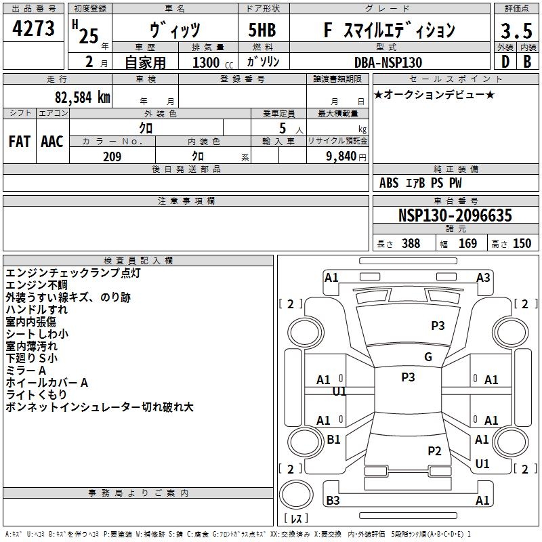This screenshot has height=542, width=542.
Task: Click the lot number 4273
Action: [x=33, y=28]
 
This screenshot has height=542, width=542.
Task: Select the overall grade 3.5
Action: [x=516, y=31]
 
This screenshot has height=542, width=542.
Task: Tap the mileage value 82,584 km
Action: [x=82, y=98]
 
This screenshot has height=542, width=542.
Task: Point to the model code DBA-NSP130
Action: [x=388, y=62]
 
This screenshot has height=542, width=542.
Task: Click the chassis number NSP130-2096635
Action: [x=455, y=215]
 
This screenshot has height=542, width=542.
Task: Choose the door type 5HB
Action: [x=262, y=30]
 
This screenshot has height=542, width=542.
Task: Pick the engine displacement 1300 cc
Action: [x=213, y=62]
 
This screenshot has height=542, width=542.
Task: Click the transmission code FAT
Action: [x=20, y=142]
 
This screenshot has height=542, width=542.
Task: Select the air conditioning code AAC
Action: [x=52, y=142]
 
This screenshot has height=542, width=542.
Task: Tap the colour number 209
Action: [x=112, y=157]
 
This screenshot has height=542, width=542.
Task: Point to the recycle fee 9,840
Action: [x=341, y=157]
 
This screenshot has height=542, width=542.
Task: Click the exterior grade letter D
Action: [x=505, y=62]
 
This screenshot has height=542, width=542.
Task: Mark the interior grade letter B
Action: [x=527, y=62]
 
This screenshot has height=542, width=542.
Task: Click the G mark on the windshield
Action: [x=428, y=357]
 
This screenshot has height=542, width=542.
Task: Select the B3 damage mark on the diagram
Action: [x=333, y=500]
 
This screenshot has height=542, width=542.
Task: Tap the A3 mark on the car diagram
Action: [x=483, y=278]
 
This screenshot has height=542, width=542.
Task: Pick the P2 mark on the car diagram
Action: [x=434, y=451]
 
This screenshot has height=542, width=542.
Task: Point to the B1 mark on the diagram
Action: [x=333, y=439]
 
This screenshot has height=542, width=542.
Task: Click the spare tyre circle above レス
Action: [x=296, y=495]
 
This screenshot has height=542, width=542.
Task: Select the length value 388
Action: [x=411, y=243]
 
